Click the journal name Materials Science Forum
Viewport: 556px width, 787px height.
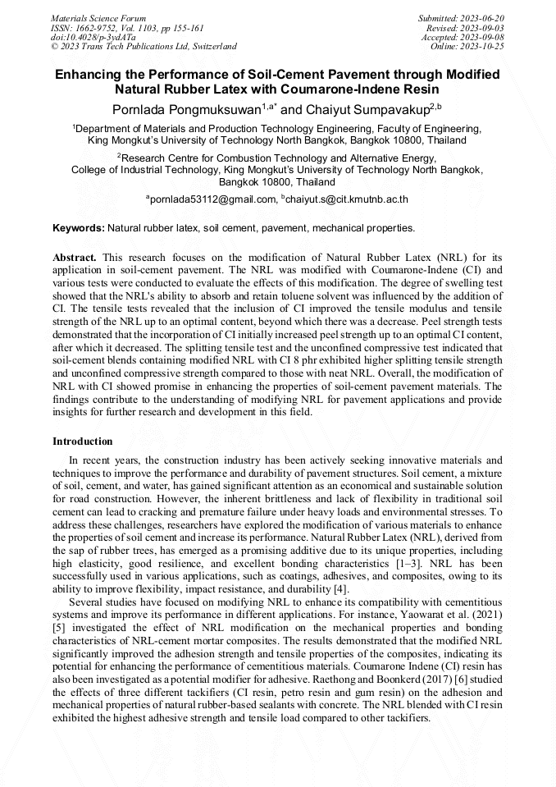[98, 17]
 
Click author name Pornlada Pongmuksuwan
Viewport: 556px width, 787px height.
[187, 108]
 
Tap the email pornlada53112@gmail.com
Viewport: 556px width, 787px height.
[212, 199]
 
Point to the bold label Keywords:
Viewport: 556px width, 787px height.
[78, 227]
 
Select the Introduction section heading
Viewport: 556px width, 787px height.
[83, 442]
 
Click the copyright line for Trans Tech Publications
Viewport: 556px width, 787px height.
[144, 47]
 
